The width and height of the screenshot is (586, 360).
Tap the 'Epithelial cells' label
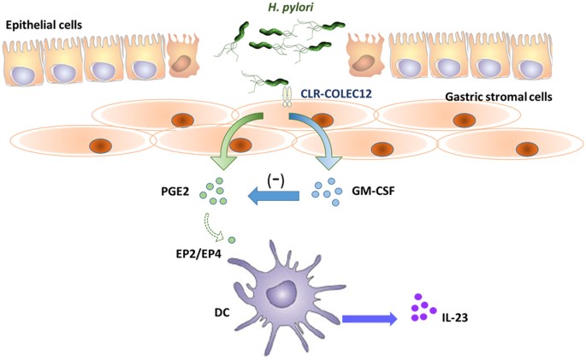[44, 24]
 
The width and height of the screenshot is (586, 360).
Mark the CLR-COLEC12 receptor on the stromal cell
[287, 95]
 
